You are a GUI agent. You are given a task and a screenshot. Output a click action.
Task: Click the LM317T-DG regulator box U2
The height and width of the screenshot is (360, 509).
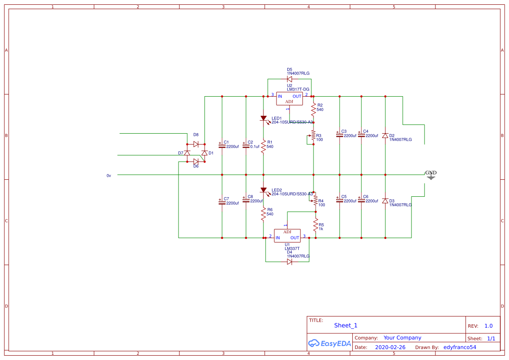coord(289,99)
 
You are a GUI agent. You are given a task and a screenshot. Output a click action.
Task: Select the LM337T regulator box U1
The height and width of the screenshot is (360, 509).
coord(287,236)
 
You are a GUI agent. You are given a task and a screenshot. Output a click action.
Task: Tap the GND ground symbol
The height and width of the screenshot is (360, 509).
coord(431,175)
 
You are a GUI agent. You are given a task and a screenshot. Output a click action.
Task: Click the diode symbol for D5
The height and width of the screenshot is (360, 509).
coord(290,79)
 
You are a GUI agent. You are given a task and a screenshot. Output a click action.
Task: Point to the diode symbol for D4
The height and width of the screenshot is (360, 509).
coord(290,262)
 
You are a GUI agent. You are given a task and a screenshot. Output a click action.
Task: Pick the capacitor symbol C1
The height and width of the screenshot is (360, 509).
coord(222,146)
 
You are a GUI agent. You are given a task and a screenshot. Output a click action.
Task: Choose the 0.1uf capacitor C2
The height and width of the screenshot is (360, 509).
coord(246,146)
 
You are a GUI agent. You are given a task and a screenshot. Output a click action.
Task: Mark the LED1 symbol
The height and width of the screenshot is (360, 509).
coord(263,118)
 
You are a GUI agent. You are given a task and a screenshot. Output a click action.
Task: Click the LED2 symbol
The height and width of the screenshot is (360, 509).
coord(263,190)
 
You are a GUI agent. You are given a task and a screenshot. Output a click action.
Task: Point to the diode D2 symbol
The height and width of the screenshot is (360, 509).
coord(385,135)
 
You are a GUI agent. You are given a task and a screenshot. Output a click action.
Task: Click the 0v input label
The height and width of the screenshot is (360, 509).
coord(109,175)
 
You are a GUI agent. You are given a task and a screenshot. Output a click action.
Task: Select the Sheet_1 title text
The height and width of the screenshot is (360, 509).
coord(346,325)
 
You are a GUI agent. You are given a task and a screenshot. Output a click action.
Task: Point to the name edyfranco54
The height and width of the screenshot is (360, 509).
coord(459,347)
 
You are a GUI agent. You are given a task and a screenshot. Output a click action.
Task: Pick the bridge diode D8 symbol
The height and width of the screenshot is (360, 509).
coord(196,144)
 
